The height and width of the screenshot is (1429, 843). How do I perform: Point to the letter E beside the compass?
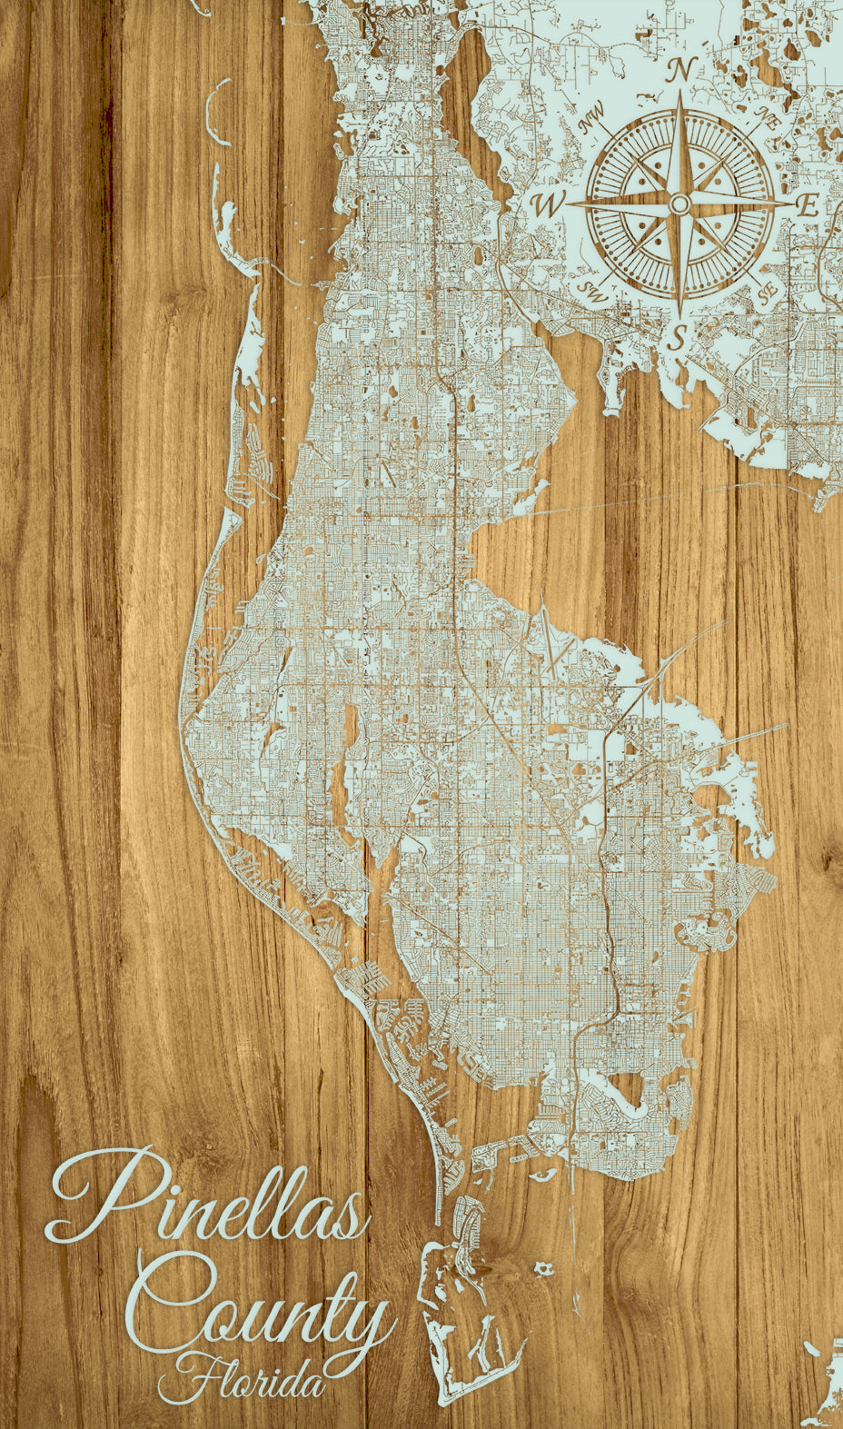pos(807,205)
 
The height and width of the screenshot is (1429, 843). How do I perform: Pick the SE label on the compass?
pos(768,292)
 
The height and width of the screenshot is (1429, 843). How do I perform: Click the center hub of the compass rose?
pos(679,204)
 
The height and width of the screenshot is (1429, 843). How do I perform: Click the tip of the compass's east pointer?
pos(792,204)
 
